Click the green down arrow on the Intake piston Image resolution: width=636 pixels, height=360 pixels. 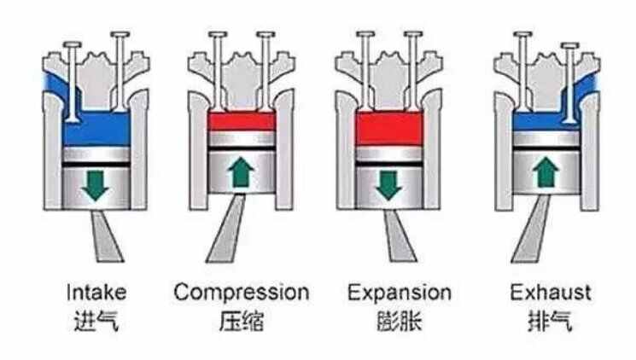[x=96, y=186]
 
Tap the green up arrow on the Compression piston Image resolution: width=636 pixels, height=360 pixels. [x=241, y=172]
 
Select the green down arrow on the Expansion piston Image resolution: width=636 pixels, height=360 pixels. [x=388, y=185]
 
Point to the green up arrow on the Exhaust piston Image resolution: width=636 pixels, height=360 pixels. [x=546, y=172]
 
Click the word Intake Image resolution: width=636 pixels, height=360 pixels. [x=96, y=293]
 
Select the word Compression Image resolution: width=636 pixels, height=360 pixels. [x=242, y=293]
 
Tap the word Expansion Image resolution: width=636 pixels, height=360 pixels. [x=400, y=293]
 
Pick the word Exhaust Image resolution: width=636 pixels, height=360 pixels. [x=551, y=293]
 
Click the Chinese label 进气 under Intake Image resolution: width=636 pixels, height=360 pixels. [x=96, y=322]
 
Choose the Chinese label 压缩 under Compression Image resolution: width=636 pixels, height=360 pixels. [x=242, y=321]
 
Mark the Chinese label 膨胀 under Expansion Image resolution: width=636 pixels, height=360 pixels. [x=400, y=321]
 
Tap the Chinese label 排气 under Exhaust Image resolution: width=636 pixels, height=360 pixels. [x=551, y=321]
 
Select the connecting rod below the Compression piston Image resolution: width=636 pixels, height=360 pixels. [x=227, y=229]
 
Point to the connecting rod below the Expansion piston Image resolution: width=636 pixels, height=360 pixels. [x=400, y=236]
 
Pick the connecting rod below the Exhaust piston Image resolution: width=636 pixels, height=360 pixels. [x=531, y=229]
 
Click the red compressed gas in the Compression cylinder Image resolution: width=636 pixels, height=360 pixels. [x=242, y=121]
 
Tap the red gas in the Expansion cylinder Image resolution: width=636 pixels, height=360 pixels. [x=389, y=128]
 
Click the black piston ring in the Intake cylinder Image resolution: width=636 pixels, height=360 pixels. [x=96, y=164]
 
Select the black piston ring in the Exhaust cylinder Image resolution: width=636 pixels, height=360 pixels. [x=546, y=148]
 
